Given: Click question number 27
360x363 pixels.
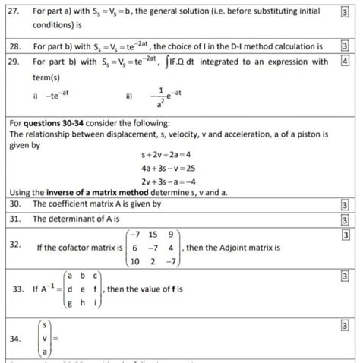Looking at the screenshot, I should (x=13, y=12).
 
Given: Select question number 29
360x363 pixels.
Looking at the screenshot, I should (x=13, y=62).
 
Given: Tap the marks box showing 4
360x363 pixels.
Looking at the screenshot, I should (x=345, y=62).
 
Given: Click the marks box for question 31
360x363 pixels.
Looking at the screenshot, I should (x=345, y=220).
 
